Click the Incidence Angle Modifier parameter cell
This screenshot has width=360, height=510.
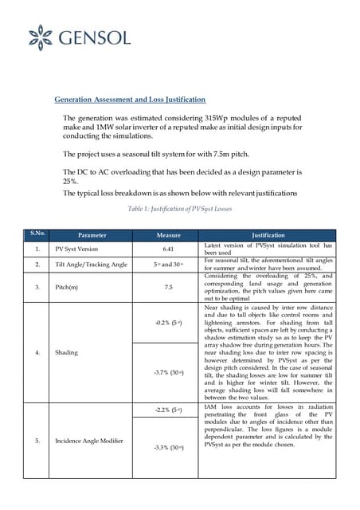point(89,441)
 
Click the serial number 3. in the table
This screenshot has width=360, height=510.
point(37,287)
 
